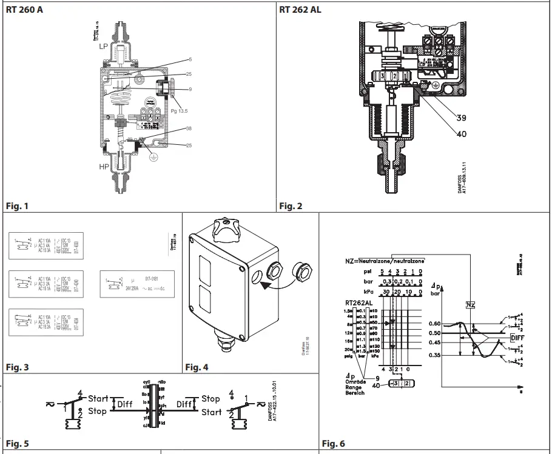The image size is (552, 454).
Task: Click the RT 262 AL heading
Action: [x=300, y=10]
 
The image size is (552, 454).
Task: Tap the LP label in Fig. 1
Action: [x=104, y=46]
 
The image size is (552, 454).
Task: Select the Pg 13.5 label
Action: [x=180, y=111]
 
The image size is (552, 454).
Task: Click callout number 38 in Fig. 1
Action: [x=189, y=129]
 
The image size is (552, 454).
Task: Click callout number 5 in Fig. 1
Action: [x=190, y=60]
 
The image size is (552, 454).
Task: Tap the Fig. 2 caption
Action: [x=291, y=206]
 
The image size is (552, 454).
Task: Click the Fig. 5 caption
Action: [x=17, y=444]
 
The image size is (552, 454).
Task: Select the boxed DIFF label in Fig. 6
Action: [x=517, y=338]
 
